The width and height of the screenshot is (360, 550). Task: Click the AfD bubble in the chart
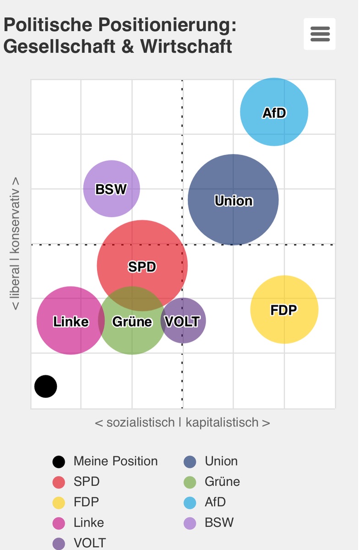pos(274,112)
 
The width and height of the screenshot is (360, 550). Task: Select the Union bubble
pos(233,200)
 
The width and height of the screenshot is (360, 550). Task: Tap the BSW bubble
pos(111,188)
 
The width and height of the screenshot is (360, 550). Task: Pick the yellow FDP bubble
pos(284,309)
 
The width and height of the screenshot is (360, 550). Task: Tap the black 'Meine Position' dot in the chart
pos(46,386)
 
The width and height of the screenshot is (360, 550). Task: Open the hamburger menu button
pos(320,34)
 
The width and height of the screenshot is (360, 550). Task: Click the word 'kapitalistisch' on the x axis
pos(222,422)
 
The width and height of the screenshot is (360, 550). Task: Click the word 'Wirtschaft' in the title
pos(186,46)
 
